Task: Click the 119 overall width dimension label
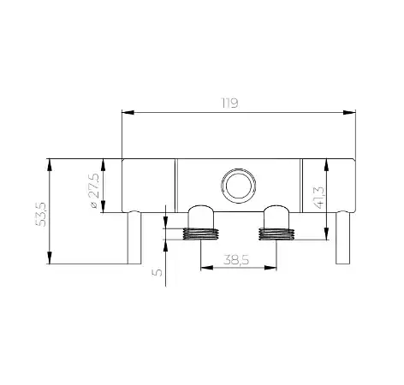230,104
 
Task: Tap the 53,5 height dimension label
41,215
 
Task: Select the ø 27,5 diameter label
94,191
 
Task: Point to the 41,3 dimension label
318,198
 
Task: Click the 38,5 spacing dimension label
236,260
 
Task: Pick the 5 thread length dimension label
157,272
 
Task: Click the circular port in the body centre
239,186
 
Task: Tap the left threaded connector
200,234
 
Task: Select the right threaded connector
276,234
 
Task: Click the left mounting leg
134,237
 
